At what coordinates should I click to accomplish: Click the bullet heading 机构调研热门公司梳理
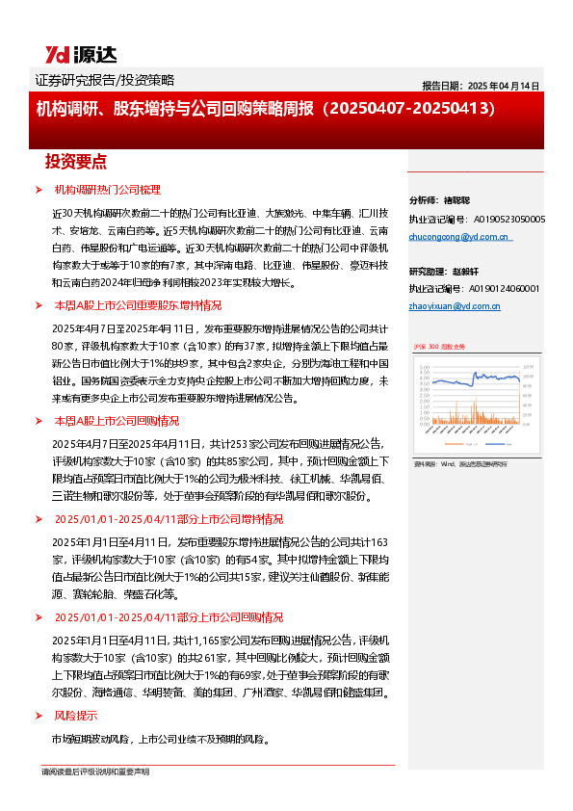(107, 190)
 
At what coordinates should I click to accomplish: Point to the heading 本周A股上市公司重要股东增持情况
(138, 304)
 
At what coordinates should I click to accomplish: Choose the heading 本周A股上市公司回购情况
(117, 420)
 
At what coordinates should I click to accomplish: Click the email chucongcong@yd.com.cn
(458, 236)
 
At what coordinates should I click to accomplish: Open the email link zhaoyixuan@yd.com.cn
(455, 305)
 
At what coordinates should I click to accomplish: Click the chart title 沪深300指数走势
(439, 345)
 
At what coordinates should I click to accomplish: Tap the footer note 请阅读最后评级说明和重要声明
(95, 772)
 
